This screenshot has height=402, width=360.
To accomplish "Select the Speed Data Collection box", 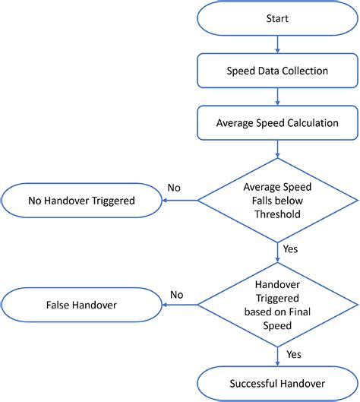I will click(x=277, y=71).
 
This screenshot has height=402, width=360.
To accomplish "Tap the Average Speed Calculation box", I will click(x=277, y=122).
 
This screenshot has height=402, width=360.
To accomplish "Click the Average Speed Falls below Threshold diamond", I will click(x=277, y=201).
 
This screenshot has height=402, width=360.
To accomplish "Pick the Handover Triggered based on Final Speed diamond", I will click(x=277, y=305).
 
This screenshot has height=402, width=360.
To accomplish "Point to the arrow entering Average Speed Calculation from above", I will click(x=277, y=97).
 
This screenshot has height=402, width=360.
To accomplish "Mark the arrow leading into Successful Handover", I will click(x=277, y=356).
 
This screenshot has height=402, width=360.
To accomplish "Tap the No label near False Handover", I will click(x=176, y=294).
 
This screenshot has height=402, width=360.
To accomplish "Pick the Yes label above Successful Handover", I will click(x=294, y=354).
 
